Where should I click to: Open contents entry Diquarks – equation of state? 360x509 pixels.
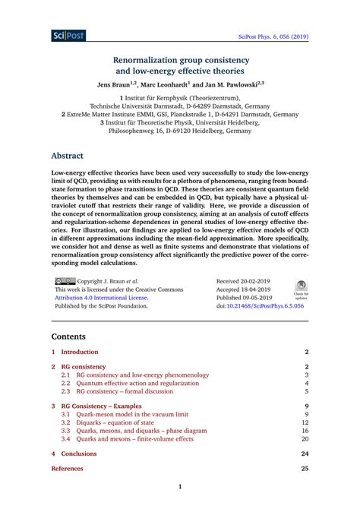pyautogui.click(x=125, y=422)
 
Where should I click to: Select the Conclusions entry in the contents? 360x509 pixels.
pyautogui.click(x=80, y=454)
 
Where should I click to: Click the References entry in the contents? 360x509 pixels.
pyautogui.click(x=68, y=469)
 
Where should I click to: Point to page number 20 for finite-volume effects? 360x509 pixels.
pyautogui.click(x=305, y=438)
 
